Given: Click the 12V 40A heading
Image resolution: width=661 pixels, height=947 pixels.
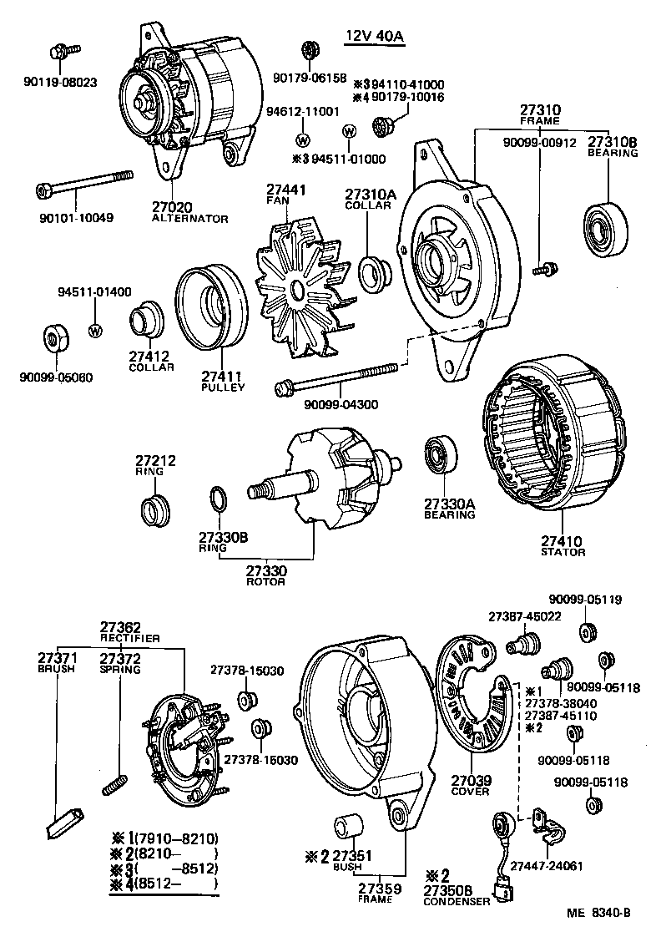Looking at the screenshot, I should click(x=373, y=36).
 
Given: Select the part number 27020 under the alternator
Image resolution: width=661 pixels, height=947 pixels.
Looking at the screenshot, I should click(x=172, y=207).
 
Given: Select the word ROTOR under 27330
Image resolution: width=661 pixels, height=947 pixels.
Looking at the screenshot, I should click(x=265, y=581).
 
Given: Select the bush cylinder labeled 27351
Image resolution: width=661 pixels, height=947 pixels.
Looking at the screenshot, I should click(x=348, y=826).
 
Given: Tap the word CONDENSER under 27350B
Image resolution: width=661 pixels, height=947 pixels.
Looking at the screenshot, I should click(x=457, y=902).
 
